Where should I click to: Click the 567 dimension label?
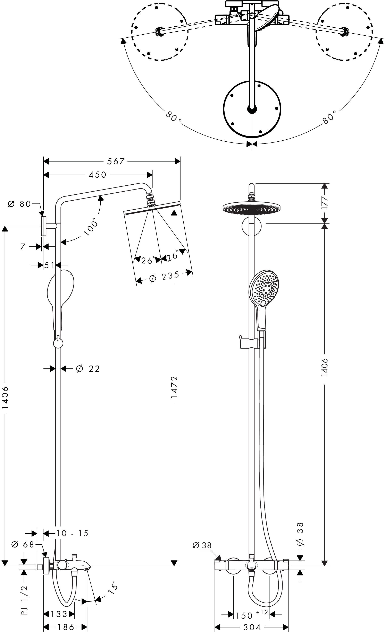coord(116,161)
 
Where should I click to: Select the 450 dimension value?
coord(97,175)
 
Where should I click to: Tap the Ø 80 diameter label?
coord(19,204)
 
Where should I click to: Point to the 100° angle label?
coord(91,227)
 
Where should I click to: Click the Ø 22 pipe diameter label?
coord(88,369)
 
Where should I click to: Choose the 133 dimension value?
coord(59,614)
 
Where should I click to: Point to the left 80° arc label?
coord(174,117)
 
